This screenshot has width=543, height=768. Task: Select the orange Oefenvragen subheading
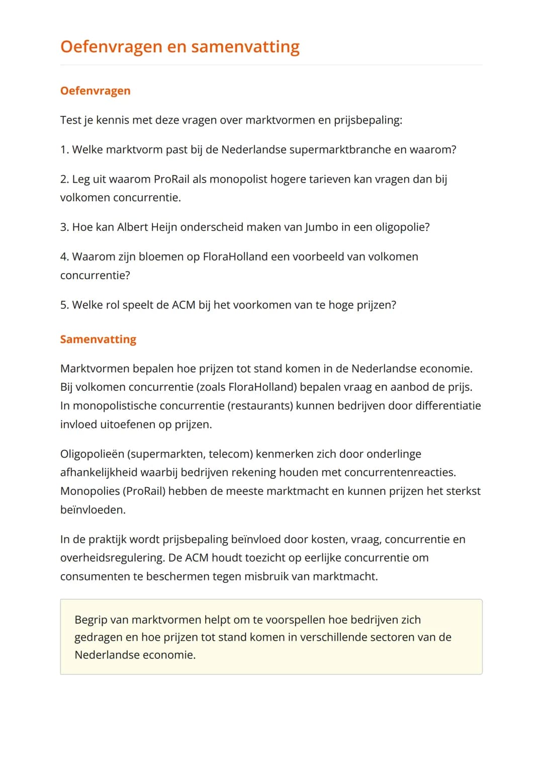tap(95, 91)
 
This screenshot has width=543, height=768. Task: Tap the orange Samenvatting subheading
tap(98, 339)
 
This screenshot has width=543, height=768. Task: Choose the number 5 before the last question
tap(64, 305)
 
